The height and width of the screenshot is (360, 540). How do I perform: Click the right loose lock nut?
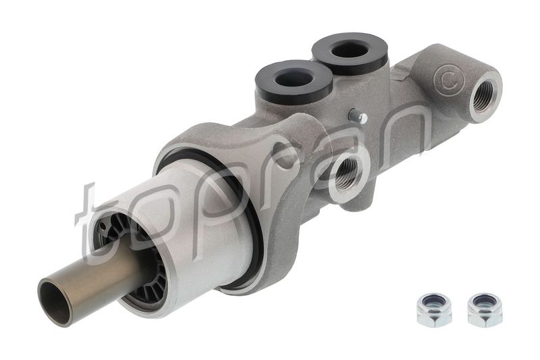point(485,309)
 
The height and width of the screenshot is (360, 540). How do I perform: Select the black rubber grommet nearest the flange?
point(294,80)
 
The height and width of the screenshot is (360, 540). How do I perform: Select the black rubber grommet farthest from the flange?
point(350,52)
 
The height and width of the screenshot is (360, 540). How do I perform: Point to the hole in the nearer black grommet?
point(294,76)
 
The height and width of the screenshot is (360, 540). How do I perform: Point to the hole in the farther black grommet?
point(350,48)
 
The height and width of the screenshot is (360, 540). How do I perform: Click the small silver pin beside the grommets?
point(361,118)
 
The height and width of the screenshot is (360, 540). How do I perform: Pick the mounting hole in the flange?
point(277,153)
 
